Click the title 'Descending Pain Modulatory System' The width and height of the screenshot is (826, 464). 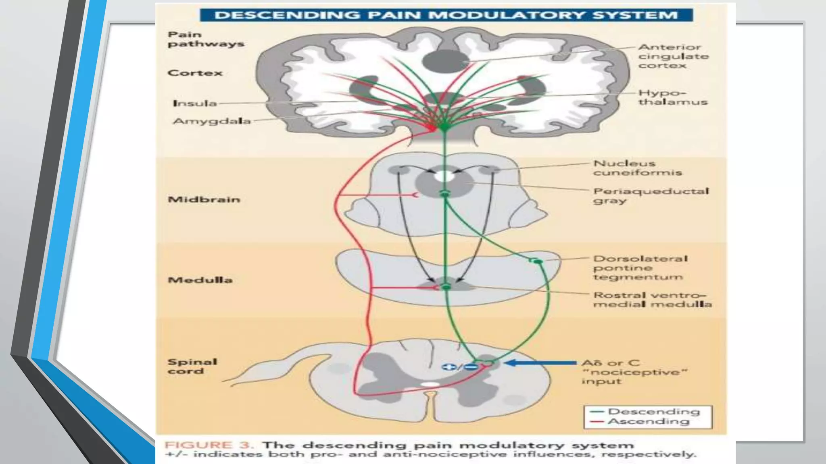[446, 15]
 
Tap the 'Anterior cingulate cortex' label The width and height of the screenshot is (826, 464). [673, 56]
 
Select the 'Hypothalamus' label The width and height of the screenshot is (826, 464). [672, 97]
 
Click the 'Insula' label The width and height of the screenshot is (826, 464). [195, 104]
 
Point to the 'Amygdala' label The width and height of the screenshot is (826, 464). [212, 121]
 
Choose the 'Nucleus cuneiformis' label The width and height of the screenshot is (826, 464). [637, 168]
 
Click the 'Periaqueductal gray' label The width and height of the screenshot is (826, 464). [650, 195]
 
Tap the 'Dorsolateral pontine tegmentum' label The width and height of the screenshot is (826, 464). [640, 267]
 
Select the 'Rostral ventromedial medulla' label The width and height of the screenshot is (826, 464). [652, 300]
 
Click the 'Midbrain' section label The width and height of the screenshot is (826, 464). [204, 199]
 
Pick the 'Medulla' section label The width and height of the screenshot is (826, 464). [200, 280]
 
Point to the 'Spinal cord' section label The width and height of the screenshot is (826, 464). [192, 366]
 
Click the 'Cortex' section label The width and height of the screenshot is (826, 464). [195, 73]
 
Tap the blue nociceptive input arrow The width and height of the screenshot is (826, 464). [540, 363]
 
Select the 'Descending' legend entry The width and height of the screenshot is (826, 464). [653, 412]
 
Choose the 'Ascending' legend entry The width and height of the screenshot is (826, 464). [648, 422]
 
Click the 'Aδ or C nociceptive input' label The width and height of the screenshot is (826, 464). [633, 372]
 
